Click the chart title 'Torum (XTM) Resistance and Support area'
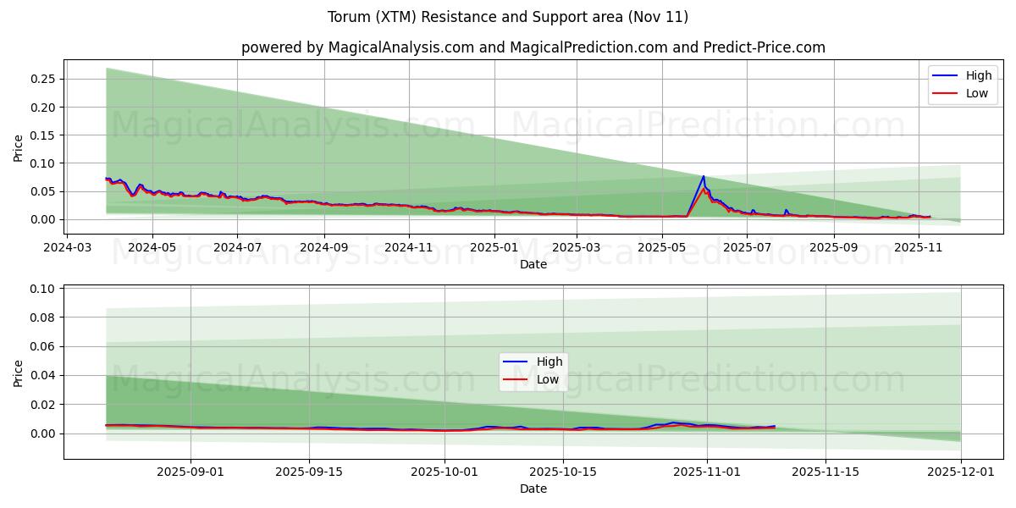[508, 17]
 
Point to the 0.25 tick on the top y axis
[43, 79]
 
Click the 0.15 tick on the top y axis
[43, 135]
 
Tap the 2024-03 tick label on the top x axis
[68, 248]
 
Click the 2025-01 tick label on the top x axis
[493, 248]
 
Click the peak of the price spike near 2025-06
[704, 176]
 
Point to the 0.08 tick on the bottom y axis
[43, 317]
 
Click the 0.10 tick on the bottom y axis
[43, 289]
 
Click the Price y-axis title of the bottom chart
[19, 373]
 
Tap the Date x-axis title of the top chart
[533, 264]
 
